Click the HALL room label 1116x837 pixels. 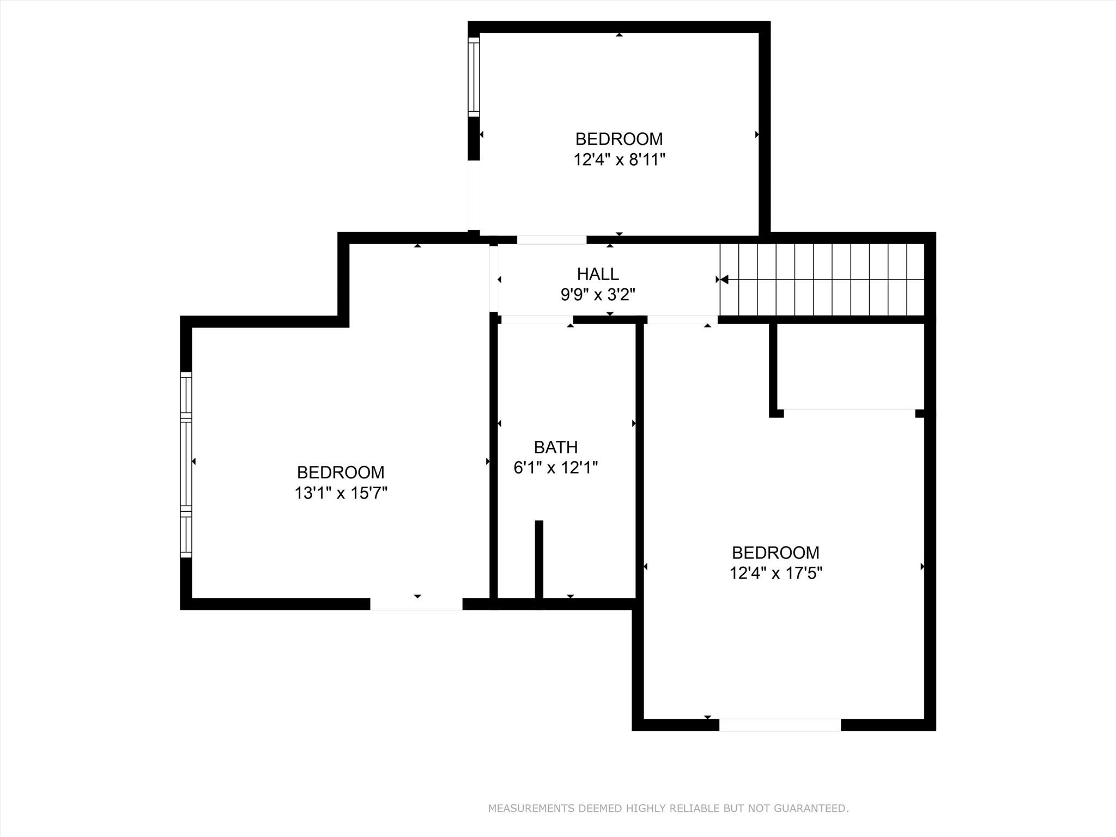[598, 274]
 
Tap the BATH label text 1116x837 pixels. [555, 447]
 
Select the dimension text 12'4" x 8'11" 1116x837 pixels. [619, 160]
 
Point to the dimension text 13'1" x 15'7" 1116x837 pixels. [341, 493]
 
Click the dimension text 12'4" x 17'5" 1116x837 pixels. [775, 573]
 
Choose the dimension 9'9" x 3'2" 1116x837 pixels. [598, 295]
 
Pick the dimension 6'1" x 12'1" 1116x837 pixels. [555, 468]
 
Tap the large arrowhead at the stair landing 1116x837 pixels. [724, 280]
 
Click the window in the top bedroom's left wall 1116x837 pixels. [474, 77]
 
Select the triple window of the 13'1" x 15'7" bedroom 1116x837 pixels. [186, 465]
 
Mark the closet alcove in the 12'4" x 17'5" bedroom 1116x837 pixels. [849, 366]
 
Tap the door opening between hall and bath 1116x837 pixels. [537, 320]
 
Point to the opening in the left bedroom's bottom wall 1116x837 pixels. [416, 604]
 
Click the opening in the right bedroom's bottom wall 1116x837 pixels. [780, 725]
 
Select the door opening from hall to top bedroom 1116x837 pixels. [551, 240]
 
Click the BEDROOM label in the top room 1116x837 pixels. [619, 139]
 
